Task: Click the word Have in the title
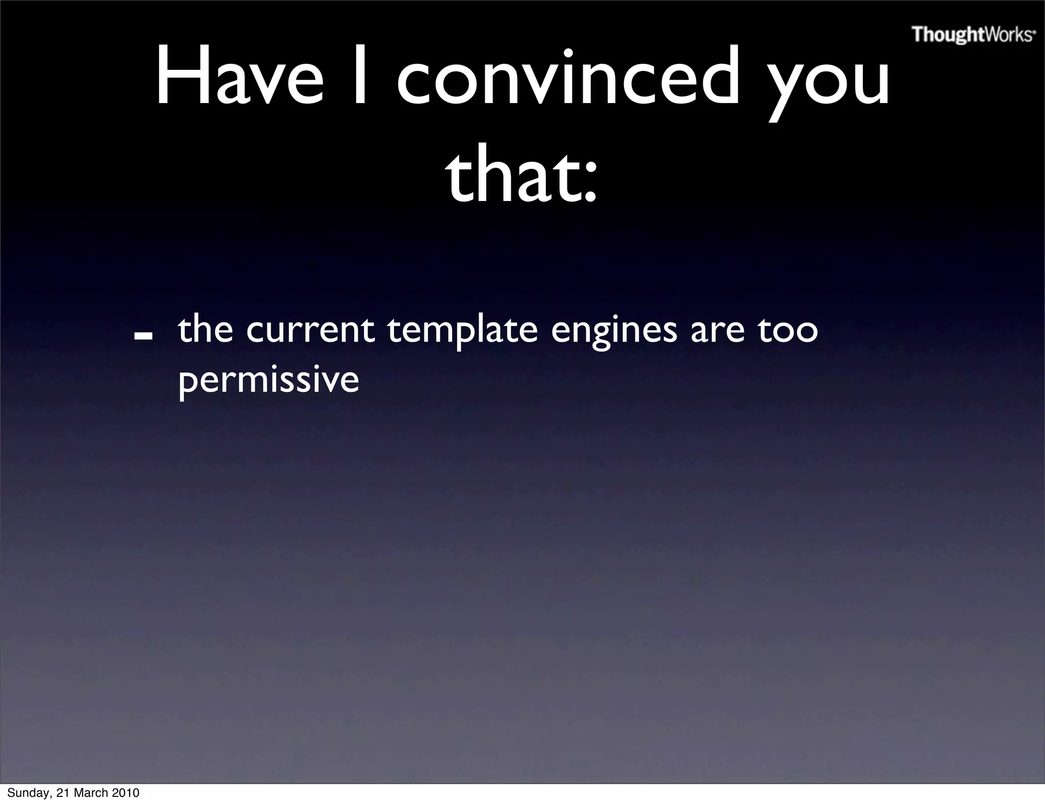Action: point(239,77)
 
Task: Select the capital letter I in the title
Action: point(360,77)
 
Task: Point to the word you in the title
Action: point(829,84)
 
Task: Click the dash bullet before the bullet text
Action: point(144,336)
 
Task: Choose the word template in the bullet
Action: point(462,332)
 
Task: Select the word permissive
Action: point(268,382)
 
